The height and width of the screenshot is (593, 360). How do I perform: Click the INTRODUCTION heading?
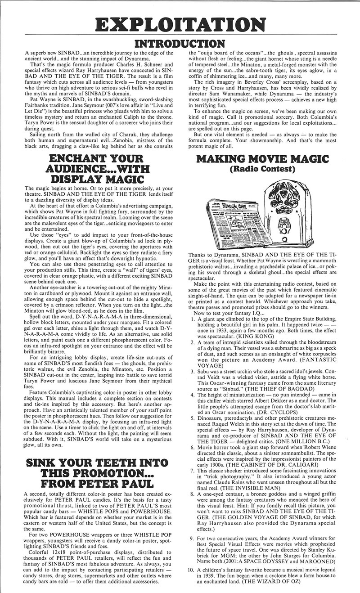point(180,44)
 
